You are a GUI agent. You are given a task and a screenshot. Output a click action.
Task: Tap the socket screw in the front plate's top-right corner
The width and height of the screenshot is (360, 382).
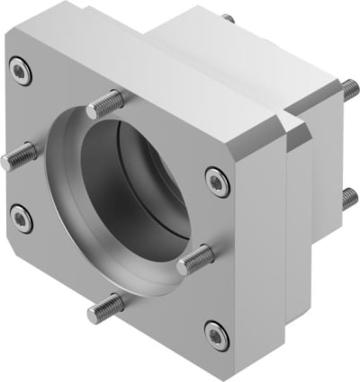216,181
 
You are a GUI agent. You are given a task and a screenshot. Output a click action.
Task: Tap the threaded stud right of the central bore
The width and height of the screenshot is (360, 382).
194,261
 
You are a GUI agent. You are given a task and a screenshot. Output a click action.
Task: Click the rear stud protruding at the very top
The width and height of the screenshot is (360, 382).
229,18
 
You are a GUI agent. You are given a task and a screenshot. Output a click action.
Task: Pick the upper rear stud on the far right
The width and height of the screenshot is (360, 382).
345,87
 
